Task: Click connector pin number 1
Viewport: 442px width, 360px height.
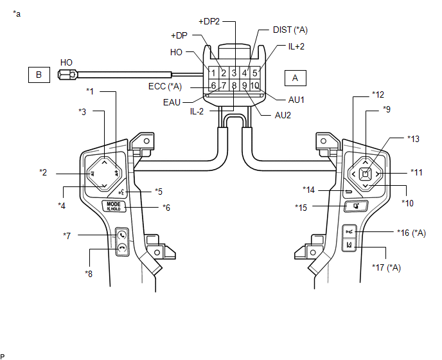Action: [213, 73]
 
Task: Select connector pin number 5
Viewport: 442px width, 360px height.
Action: [255, 73]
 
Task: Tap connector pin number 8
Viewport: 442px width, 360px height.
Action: [234, 85]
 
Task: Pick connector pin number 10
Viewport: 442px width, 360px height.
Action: [255, 85]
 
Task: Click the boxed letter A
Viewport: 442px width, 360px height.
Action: [295, 78]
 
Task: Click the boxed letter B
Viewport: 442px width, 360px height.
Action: [39, 75]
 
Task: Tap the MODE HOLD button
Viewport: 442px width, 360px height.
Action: [114, 206]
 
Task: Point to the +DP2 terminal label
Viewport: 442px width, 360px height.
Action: [209, 21]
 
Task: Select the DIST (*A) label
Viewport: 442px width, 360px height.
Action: [290, 30]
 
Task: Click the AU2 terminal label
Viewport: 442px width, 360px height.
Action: [283, 115]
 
